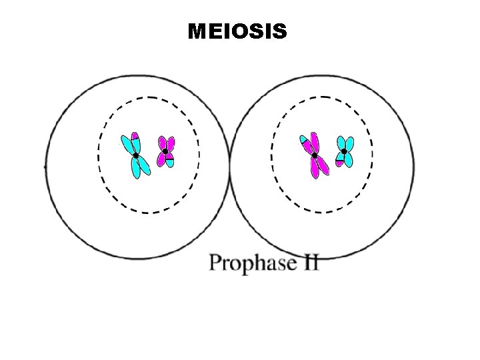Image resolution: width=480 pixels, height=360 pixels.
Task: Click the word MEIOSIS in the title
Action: click(x=237, y=31)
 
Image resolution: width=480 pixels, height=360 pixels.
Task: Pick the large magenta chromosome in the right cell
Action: click(x=317, y=163)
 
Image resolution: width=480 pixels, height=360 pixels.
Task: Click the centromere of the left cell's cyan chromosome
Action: click(x=135, y=155)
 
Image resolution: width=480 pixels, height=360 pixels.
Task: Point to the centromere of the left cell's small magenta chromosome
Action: click(x=165, y=151)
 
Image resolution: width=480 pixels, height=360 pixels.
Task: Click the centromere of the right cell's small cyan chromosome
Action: click(x=343, y=151)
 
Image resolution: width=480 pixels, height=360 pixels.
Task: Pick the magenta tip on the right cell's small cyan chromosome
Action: click(x=339, y=163)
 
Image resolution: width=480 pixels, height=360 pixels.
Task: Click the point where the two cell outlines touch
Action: click(x=230, y=167)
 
